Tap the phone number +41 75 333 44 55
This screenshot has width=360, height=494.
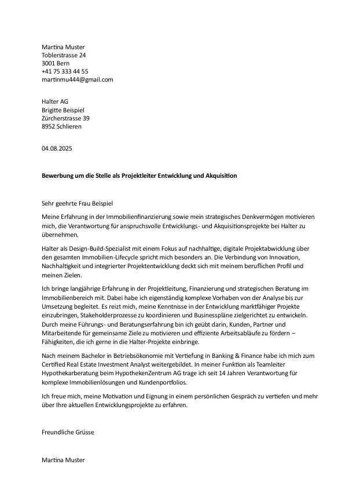(65, 71)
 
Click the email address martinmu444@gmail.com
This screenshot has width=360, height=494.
(77, 79)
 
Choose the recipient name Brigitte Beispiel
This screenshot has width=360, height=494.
(63, 110)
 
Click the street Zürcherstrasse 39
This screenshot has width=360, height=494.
(65, 118)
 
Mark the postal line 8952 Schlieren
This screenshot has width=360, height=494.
(61, 126)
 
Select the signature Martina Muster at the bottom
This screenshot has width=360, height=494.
(63, 460)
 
